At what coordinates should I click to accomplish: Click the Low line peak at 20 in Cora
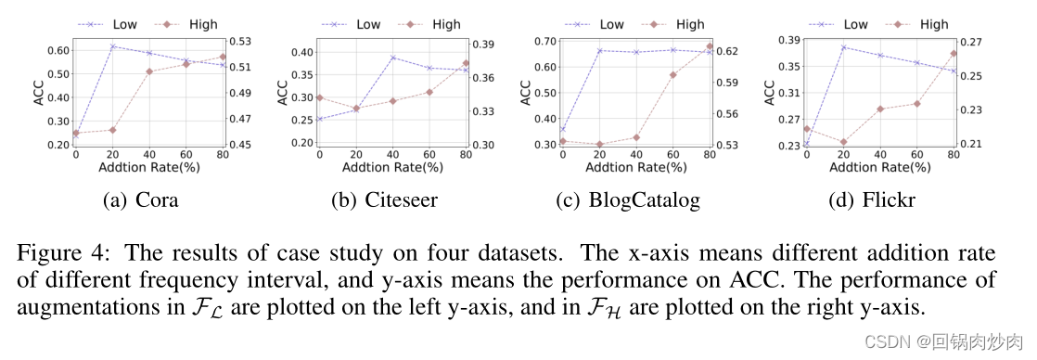(x=112, y=46)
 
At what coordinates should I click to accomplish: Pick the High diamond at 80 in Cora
(x=223, y=58)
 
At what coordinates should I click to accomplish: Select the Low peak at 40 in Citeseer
(x=392, y=58)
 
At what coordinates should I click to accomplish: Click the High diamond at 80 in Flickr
(x=954, y=53)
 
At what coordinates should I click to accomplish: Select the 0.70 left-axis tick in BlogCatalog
(x=543, y=41)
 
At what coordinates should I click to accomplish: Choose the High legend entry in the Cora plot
(x=200, y=25)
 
